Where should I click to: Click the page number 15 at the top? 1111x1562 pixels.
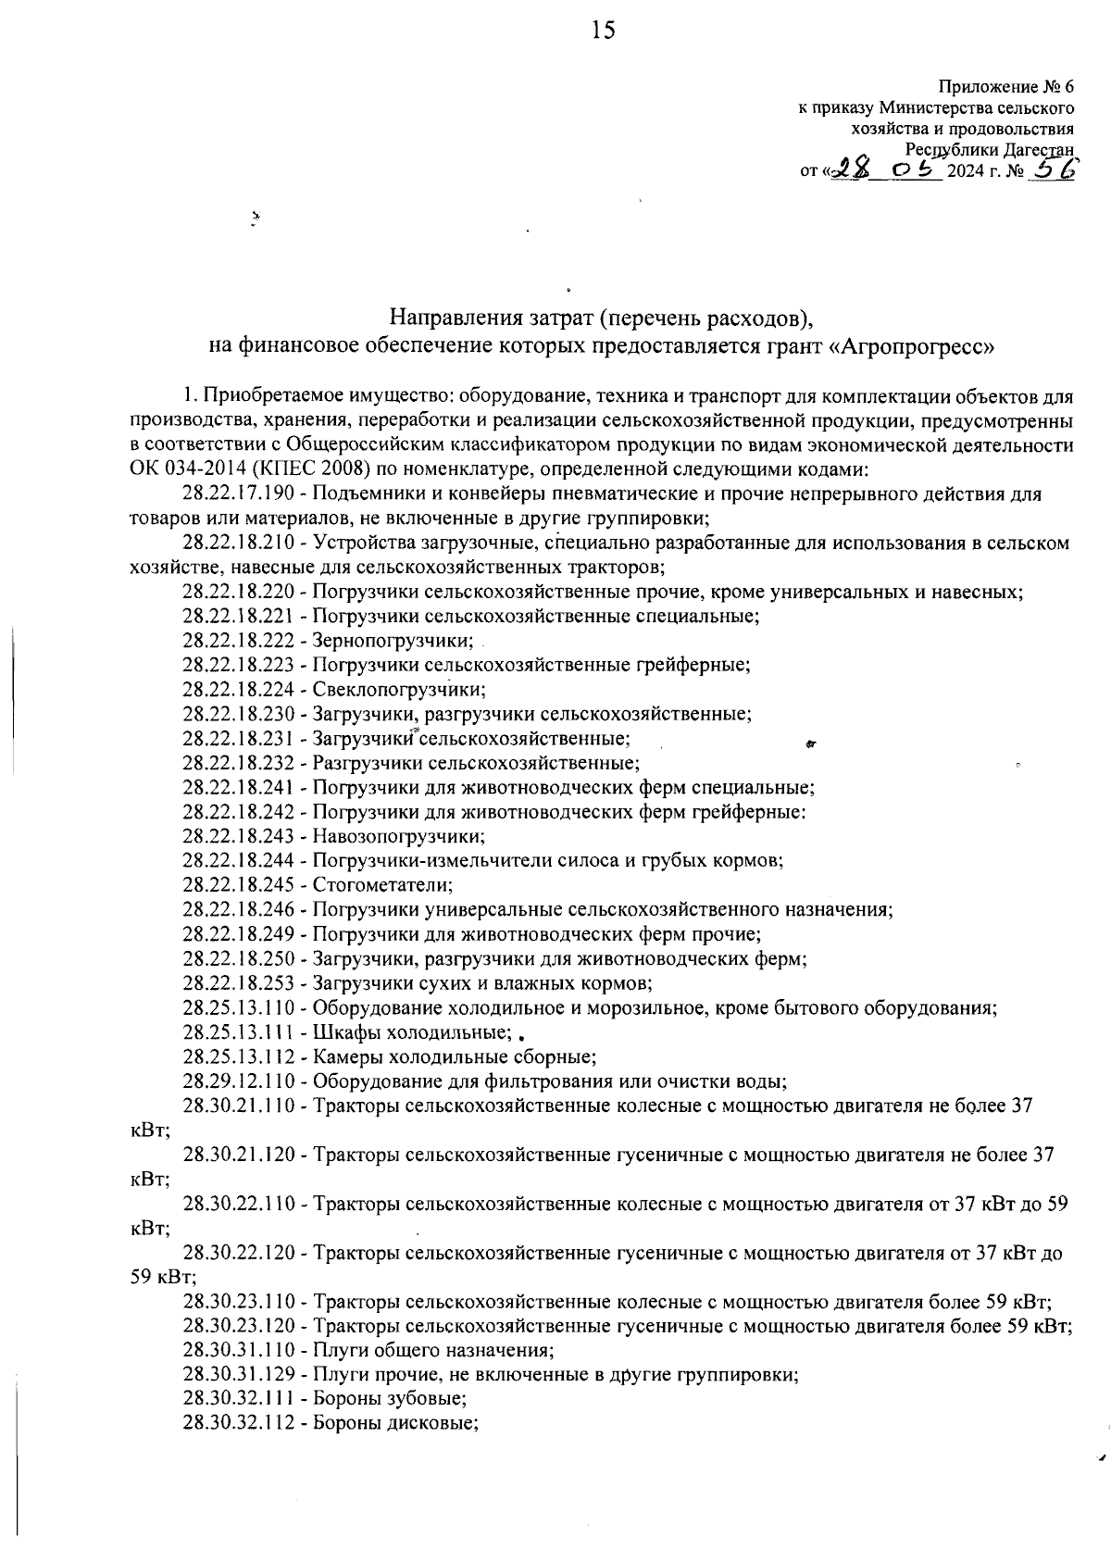[x=602, y=32]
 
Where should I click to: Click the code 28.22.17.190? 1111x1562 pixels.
[x=238, y=494]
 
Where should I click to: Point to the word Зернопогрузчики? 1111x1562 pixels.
[x=393, y=641]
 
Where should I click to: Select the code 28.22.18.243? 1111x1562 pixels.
[x=238, y=837]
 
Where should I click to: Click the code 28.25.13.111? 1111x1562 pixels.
[x=238, y=1032]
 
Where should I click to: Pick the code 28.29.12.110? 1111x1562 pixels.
[x=238, y=1081]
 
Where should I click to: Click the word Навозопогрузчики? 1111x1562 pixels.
[x=398, y=837]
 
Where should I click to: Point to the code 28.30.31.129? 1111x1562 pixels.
[x=238, y=1375]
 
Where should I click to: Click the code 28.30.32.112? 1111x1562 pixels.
[x=238, y=1424]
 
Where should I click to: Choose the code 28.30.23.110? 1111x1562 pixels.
[x=238, y=1302]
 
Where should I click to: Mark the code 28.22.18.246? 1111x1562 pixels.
[x=238, y=910]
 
